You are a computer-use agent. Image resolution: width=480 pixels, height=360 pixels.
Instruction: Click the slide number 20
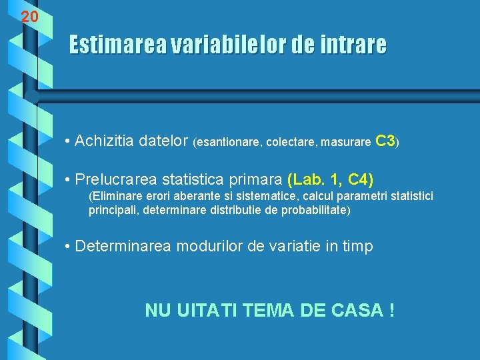click(29, 17)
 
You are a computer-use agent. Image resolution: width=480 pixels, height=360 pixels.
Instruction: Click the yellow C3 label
click(386, 141)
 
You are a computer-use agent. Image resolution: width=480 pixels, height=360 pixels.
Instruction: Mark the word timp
click(358, 247)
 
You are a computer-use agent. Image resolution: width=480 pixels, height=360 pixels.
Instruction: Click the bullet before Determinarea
click(69, 247)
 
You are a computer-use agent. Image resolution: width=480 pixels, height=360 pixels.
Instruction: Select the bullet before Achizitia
click(69, 141)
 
